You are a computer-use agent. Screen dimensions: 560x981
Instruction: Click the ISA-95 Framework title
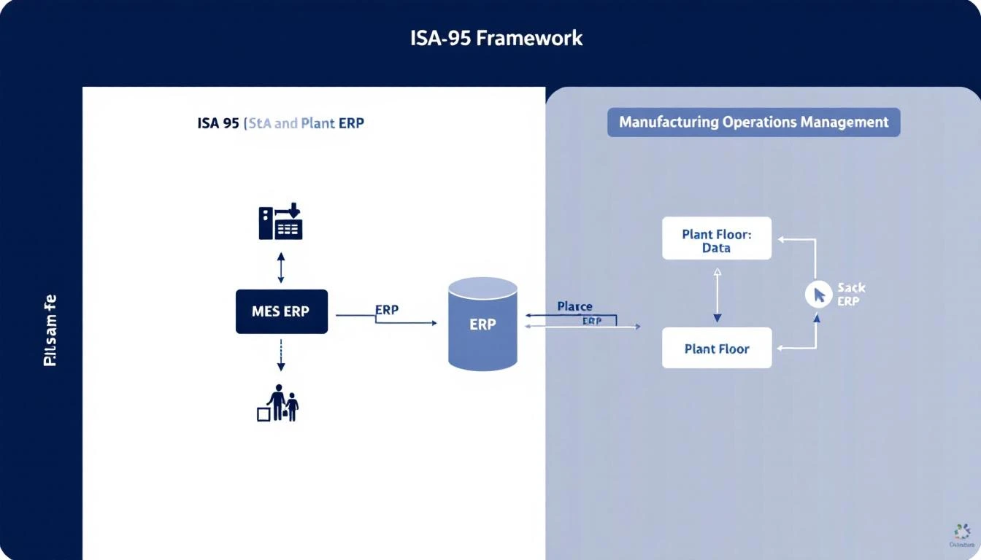pos(496,38)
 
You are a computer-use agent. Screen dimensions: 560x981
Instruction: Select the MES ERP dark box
pos(281,311)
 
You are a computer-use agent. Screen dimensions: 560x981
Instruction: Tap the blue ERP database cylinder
pos(482,324)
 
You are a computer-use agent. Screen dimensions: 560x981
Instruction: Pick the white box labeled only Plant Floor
pos(716,349)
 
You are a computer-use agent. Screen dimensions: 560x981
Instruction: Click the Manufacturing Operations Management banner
pos(753,122)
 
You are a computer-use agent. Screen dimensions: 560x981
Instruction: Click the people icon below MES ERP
pos(282,403)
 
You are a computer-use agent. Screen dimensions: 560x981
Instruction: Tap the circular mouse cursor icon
pos(818,294)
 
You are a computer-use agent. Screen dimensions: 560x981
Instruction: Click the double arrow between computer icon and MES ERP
pos(281,268)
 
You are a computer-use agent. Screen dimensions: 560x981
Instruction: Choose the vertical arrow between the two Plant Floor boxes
pos(717,295)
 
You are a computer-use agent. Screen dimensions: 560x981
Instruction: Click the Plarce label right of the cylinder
pos(574,306)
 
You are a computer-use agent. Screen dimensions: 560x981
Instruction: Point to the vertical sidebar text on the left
pos(50,330)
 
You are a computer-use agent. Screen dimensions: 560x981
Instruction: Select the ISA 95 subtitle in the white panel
pos(280,122)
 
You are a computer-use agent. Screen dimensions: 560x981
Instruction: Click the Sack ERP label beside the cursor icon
pos(850,295)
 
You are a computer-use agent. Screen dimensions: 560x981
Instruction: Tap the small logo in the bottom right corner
pos(962,534)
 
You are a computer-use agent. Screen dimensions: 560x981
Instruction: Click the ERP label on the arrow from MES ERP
pos(387,310)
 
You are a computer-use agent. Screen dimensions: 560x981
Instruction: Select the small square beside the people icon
pos(263,414)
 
